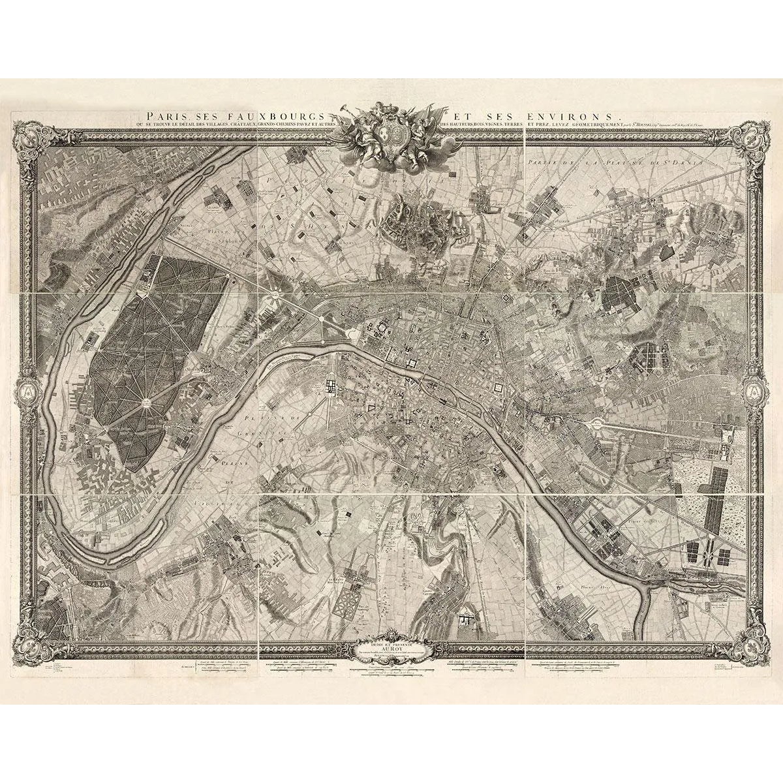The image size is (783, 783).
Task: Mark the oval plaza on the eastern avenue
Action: pyautogui.click(x=596, y=425)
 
